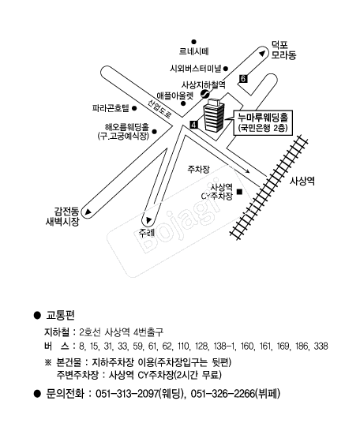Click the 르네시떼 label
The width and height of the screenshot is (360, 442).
pyautogui.click(x=193, y=51)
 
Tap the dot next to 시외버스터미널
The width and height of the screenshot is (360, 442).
pyautogui.click(x=226, y=69)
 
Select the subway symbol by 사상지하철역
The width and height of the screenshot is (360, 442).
pyautogui.click(x=205, y=94)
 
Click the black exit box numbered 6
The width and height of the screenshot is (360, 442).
pyautogui.click(x=242, y=79)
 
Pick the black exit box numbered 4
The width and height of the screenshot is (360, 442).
pyautogui.click(x=193, y=125)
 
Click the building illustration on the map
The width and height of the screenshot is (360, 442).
pyautogui.click(x=214, y=114)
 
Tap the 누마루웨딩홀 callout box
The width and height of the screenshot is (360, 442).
pyautogui.click(x=263, y=123)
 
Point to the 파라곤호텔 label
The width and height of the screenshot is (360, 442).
pyautogui.click(x=111, y=108)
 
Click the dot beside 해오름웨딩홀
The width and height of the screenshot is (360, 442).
pyautogui.click(x=154, y=131)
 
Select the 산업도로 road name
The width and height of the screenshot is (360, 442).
pyautogui.click(x=159, y=109)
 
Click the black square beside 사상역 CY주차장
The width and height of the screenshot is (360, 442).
pyautogui.click(x=240, y=192)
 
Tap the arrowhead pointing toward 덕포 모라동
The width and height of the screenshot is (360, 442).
pyautogui.click(x=262, y=54)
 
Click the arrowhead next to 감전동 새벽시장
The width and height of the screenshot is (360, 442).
pyautogui.click(x=88, y=212)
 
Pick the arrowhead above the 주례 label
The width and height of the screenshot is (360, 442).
pyautogui.click(x=148, y=220)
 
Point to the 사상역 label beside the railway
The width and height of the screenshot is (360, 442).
pyautogui.click(x=302, y=181)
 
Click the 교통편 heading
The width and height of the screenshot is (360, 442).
pyautogui.click(x=60, y=315)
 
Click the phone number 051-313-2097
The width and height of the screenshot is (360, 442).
pyautogui.click(x=127, y=394)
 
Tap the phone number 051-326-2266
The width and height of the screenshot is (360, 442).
pyautogui.click(x=223, y=394)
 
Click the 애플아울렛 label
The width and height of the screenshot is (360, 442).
pyautogui.click(x=175, y=96)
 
